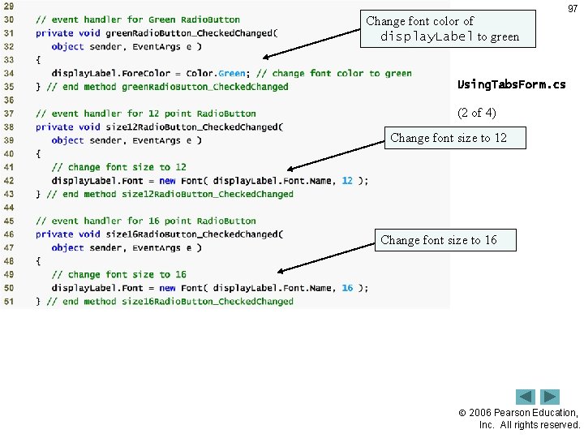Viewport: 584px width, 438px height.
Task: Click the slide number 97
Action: (573, 9)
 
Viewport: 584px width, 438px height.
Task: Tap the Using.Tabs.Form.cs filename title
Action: (511, 84)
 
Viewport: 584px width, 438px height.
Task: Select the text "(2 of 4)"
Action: (477, 113)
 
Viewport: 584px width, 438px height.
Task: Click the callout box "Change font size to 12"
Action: (449, 138)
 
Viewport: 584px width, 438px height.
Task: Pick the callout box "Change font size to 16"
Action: (439, 240)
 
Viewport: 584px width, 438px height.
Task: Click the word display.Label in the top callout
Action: (427, 36)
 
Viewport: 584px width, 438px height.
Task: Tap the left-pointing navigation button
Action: (526, 397)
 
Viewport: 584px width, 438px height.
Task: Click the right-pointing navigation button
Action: (551, 397)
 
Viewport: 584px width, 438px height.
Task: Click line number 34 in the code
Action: (9, 73)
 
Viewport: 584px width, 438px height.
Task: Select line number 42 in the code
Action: (9, 180)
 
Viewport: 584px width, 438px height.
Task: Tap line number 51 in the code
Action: (9, 301)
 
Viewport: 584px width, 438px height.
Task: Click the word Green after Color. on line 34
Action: (232, 73)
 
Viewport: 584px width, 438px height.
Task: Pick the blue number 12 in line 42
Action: (347, 180)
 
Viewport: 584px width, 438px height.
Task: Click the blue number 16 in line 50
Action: (347, 288)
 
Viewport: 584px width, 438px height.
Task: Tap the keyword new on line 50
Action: (167, 288)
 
